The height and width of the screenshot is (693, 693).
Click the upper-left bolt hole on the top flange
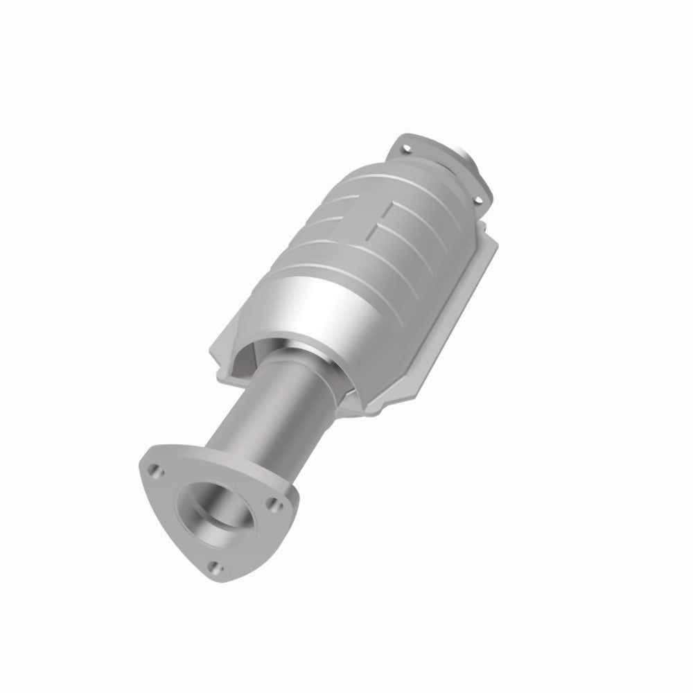pyautogui.click(x=407, y=147)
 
